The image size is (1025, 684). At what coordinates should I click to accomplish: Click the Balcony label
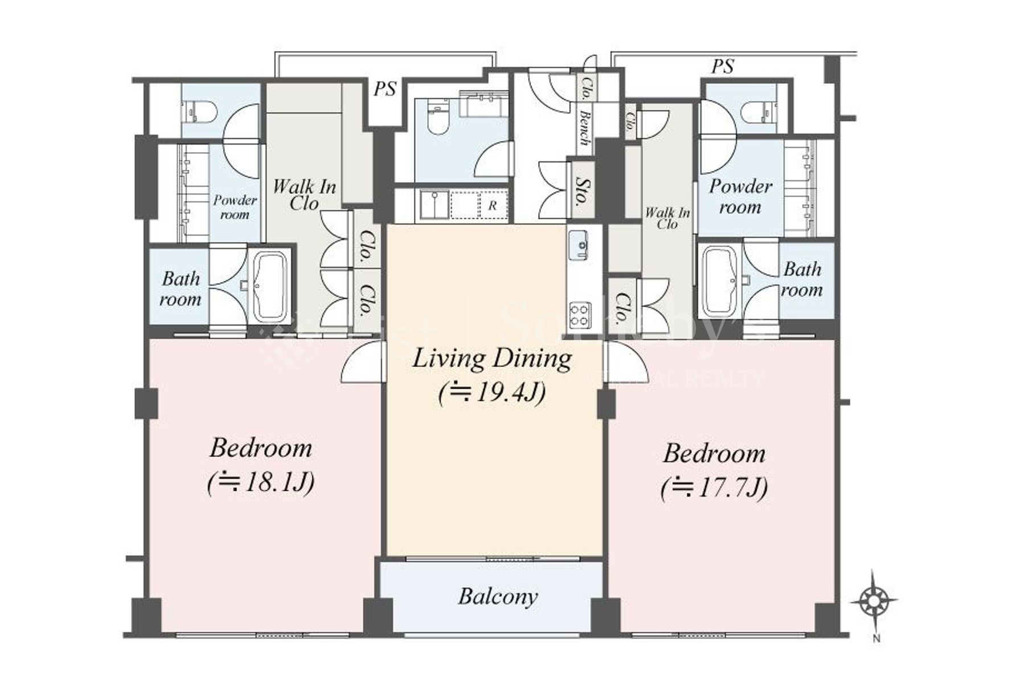pos(498,597)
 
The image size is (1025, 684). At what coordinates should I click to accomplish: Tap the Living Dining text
pos(491,359)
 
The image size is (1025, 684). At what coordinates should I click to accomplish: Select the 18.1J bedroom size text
pos(261,483)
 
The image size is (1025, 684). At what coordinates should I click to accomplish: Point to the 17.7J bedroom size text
pos(715,488)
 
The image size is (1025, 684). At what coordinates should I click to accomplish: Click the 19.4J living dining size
pos(493,393)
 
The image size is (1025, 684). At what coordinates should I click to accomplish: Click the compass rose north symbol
pos(874,601)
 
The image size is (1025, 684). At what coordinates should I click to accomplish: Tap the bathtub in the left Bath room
pos(269,287)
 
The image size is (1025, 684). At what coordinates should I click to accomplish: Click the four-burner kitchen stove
pos(580,315)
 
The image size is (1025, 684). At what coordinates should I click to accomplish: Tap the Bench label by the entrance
pos(585,128)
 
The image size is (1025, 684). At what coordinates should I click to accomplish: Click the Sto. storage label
pos(581,191)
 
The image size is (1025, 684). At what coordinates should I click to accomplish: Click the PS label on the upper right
pos(722,67)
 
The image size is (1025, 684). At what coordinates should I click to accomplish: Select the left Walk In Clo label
pos(304,195)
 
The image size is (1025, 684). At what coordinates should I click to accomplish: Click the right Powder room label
pos(740,196)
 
